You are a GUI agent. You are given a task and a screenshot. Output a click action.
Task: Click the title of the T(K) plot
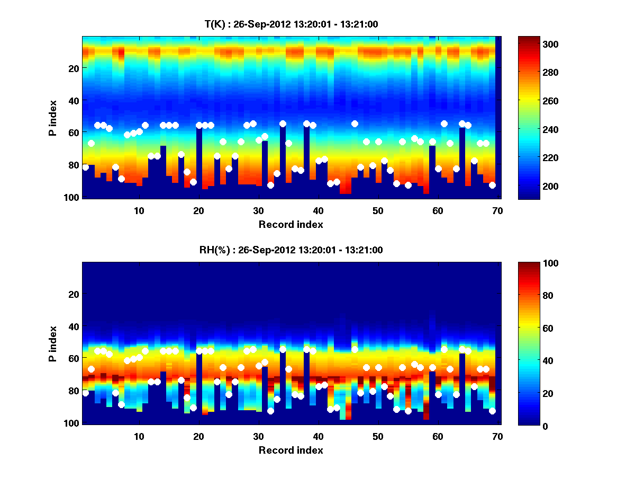pyautogui.click(x=291, y=24)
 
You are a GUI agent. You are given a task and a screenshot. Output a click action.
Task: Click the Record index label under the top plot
pyautogui.click(x=291, y=224)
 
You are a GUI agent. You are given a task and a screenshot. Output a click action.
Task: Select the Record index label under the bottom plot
pyautogui.click(x=291, y=450)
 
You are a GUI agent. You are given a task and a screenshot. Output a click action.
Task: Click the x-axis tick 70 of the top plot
pyautogui.click(x=497, y=210)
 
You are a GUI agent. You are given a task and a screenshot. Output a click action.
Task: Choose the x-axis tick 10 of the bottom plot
pyautogui.click(x=139, y=436)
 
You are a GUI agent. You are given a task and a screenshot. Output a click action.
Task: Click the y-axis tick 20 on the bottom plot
pyautogui.click(x=74, y=294)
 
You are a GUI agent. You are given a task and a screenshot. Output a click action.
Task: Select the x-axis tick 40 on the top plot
pyautogui.click(x=318, y=210)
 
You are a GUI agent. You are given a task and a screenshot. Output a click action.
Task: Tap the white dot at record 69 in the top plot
pyautogui.click(x=492, y=185)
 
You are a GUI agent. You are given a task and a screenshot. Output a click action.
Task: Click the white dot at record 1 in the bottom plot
pyautogui.click(x=85, y=393)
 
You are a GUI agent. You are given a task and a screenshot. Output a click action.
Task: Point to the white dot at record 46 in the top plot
pyautogui.click(x=355, y=123)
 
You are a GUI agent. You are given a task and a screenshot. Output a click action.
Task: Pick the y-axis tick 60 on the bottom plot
pyautogui.click(x=74, y=358)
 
